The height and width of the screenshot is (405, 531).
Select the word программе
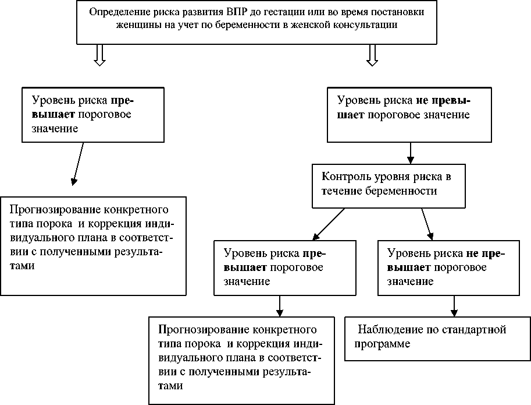384,344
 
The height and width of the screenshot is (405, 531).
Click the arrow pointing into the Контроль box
411,153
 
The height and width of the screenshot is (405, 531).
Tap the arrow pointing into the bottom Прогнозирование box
280,305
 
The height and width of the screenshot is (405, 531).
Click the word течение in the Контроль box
341,191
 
